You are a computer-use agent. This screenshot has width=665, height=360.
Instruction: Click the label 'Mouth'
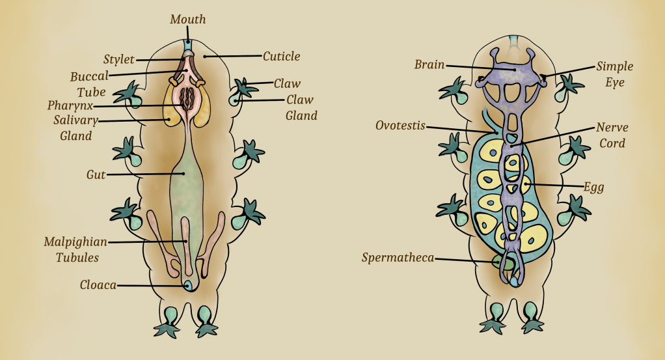click(x=187, y=20)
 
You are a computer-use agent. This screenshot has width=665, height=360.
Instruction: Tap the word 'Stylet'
click(x=118, y=60)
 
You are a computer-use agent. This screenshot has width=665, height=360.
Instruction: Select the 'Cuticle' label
click(x=281, y=57)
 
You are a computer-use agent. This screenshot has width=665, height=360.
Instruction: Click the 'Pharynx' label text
click(x=70, y=105)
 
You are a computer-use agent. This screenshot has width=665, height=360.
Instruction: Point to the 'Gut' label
click(x=96, y=174)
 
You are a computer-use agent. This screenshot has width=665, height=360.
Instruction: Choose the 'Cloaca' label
click(x=98, y=285)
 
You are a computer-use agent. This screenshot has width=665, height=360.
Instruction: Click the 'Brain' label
click(x=429, y=64)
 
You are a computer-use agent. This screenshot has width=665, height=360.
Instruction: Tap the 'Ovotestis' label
click(x=400, y=126)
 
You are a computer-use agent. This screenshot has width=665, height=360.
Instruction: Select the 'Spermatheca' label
click(x=398, y=258)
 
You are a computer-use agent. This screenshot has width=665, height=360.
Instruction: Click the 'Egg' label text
click(x=593, y=187)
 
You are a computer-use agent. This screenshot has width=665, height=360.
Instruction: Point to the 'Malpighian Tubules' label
click(x=72, y=249)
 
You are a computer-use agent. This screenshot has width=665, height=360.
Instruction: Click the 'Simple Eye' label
click(x=614, y=74)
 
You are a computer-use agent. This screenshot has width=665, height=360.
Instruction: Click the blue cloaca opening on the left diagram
click(x=188, y=285)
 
